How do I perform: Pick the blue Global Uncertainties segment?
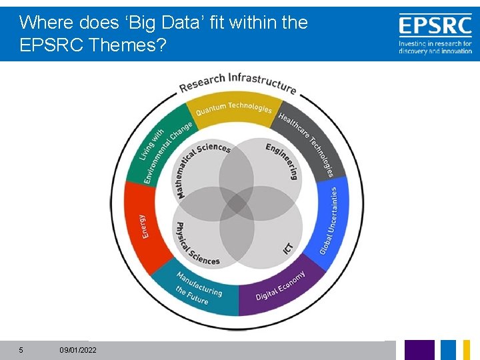[x=332, y=220]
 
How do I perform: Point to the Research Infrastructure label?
[x=237, y=81]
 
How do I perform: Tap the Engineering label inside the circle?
[x=283, y=160]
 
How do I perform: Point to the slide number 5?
[x=21, y=350]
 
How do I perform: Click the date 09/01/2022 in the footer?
[x=77, y=350]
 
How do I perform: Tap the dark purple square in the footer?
[x=419, y=350]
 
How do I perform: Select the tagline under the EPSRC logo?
[x=435, y=47]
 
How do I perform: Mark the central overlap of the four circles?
[x=237, y=203]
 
